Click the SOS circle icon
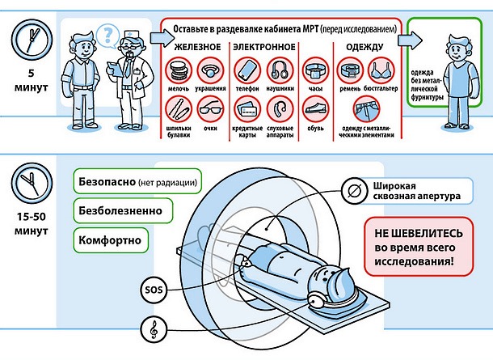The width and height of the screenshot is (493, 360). coord(153,288)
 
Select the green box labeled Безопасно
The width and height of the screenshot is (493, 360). coord(136,181)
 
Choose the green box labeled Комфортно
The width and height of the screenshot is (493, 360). coord(112,239)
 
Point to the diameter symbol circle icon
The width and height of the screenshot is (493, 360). coord(352,190)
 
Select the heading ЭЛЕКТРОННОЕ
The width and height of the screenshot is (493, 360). coord(263,48)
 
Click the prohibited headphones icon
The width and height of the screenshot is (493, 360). coord(280,69)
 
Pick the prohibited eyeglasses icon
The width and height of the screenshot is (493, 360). coord(210,108)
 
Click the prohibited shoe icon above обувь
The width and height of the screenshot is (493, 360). coord(317,108)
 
